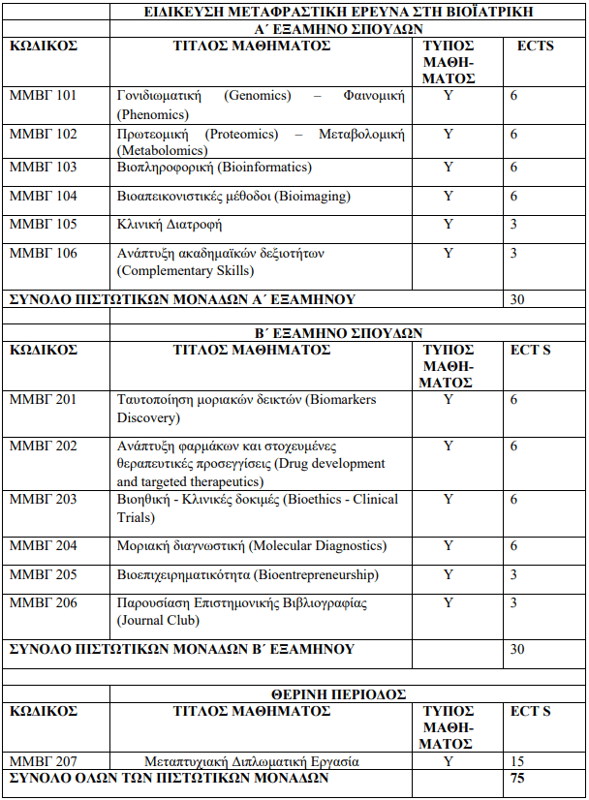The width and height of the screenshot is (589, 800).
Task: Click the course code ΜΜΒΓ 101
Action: pos(43,96)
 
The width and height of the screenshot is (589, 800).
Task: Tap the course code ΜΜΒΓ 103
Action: pos(43,168)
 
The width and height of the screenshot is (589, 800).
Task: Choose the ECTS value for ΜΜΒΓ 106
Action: pos(513,254)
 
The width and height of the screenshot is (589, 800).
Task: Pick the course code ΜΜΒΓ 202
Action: pos(43,446)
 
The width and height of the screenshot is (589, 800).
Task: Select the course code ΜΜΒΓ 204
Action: pos(43,546)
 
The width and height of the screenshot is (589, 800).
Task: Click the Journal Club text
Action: pos(155,621)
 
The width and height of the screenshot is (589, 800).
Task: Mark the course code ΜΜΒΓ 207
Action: pos(43,761)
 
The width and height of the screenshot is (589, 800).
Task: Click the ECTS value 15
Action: pos(517,761)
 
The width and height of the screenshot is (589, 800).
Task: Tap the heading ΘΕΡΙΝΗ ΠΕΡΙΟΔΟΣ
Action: pos(337,694)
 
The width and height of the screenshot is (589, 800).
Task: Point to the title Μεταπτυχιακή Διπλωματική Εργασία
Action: pos(252,761)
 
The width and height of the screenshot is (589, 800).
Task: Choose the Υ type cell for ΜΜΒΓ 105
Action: pos(449,225)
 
